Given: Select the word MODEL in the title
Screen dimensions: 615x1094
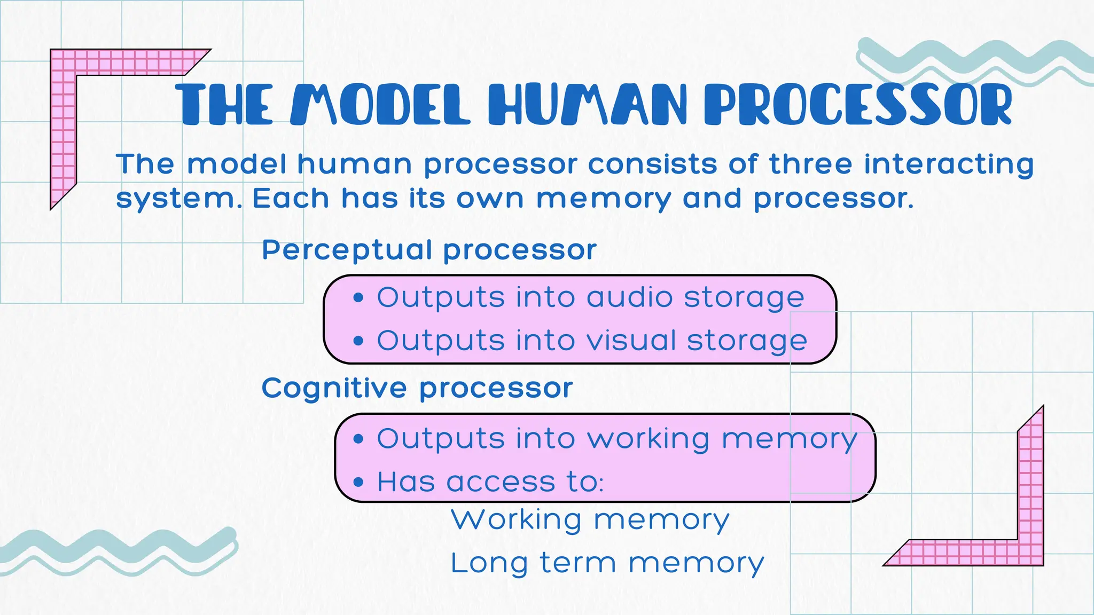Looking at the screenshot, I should [x=380, y=104].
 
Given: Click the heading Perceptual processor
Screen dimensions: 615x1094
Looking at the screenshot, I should [x=429, y=250].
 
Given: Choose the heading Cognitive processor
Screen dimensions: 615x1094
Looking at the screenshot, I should [x=417, y=388].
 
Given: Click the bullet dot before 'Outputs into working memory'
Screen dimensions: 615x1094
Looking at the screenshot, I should [x=358, y=439].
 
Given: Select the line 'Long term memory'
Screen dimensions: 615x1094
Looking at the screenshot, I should [x=607, y=564].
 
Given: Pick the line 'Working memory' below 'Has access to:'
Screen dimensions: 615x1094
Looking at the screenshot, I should [x=590, y=520].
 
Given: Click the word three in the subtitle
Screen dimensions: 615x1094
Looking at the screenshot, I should [x=810, y=164].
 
